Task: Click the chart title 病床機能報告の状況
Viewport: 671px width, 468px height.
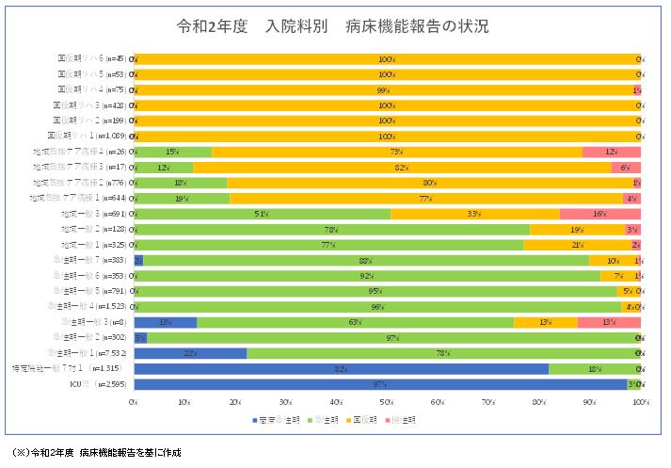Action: pos(335,25)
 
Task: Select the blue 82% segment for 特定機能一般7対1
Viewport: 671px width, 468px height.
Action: pos(341,368)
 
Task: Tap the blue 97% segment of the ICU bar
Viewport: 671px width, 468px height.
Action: pos(380,384)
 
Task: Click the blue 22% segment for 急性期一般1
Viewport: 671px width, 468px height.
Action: pos(190,353)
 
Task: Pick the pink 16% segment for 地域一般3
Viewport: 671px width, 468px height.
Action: pos(599,214)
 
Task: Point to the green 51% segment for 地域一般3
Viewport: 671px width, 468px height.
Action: pos(263,214)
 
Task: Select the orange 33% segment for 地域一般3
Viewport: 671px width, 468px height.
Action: pos(474,214)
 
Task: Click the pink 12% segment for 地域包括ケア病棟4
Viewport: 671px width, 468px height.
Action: pos(611,152)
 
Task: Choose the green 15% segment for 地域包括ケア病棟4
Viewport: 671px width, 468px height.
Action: pos(173,152)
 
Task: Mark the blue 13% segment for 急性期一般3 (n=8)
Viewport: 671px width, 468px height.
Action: pos(166,322)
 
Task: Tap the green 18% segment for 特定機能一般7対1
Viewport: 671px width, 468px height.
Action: pos(594,368)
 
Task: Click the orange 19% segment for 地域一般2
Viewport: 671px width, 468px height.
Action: pos(576,229)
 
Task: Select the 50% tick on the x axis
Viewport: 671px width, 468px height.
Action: pos(387,402)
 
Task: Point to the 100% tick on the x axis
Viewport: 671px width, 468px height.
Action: pos(640,402)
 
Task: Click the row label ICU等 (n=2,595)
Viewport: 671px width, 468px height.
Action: pos(105,384)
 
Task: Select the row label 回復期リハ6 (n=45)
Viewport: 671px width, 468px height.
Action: pos(91,58)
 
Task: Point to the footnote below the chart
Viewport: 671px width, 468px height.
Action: pos(93,453)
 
